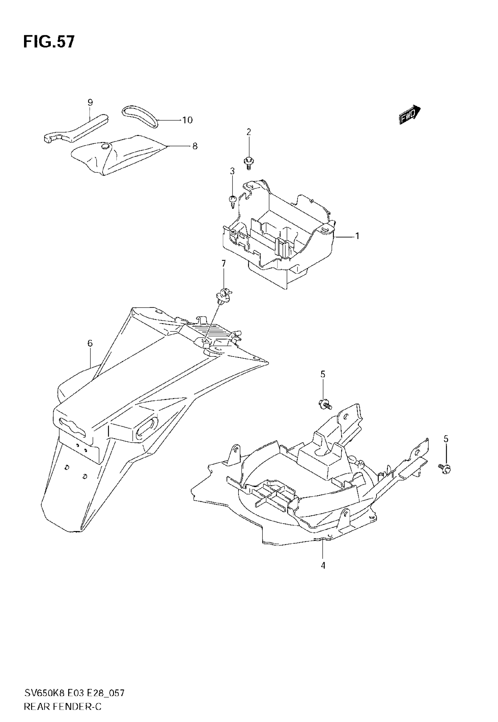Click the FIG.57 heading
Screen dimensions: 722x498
click(49, 42)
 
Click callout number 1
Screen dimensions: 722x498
click(357, 236)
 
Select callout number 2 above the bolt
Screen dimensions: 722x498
click(248, 132)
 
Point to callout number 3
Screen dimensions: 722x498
click(232, 171)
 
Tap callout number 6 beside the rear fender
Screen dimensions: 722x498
click(90, 343)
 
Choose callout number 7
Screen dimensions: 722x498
click(224, 264)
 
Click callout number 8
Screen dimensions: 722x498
click(195, 146)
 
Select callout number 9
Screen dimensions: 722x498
click(90, 102)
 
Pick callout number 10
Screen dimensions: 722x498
click(187, 120)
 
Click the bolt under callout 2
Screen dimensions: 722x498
click(248, 162)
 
